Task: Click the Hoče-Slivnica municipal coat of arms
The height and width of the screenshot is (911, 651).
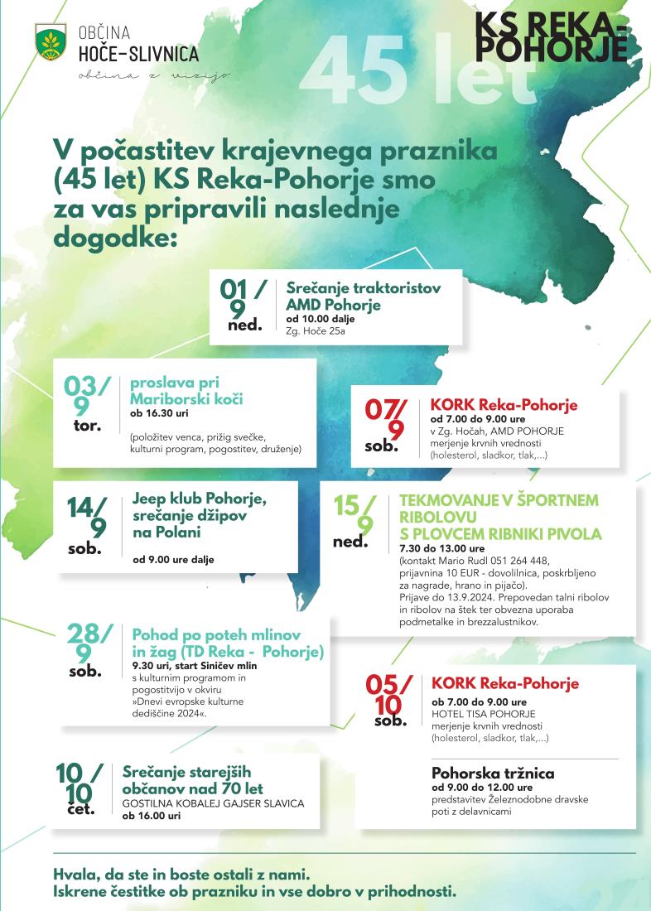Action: (x=51, y=41)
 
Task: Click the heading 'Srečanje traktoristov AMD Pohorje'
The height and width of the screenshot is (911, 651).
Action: (x=363, y=296)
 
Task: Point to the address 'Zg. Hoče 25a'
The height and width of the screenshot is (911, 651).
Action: (x=316, y=331)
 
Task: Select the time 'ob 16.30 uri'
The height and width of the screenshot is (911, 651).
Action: (x=159, y=413)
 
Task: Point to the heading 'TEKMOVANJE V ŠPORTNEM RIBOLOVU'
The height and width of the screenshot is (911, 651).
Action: (x=499, y=509)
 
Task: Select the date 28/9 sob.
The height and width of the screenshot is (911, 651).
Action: (x=90, y=648)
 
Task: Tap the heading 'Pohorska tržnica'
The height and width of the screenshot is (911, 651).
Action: (x=493, y=774)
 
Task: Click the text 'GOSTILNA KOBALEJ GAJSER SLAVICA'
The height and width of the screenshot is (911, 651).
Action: (x=213, y=803)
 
